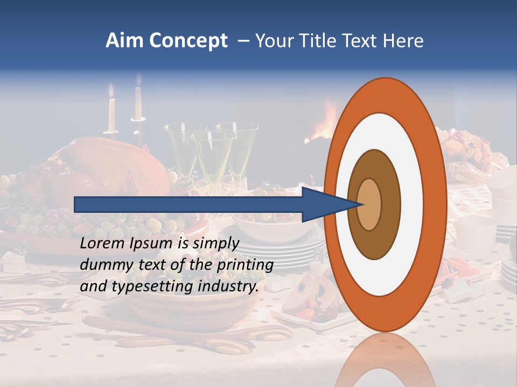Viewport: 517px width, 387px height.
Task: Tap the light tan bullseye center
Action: tap(369, 204)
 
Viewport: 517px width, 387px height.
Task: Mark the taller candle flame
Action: tap(138, 79)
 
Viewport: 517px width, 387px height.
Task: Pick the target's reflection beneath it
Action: tap(385, 360)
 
